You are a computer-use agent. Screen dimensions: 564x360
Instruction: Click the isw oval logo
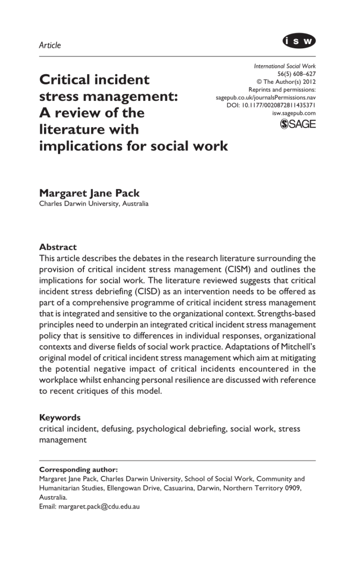coord(299,41)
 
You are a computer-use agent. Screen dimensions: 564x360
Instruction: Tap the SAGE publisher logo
coord(298,124)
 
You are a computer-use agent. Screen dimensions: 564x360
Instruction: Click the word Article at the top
coord(50,45)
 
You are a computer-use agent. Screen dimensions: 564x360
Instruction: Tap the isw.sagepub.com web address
coord(294,113)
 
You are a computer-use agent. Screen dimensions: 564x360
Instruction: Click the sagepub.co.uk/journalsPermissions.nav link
coord(265,98)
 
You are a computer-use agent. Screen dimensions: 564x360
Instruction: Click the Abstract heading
coord(58,247)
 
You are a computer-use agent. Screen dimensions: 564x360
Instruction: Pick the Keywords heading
coord(60,417)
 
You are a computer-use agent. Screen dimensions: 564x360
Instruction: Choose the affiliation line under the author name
coord(94,204)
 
